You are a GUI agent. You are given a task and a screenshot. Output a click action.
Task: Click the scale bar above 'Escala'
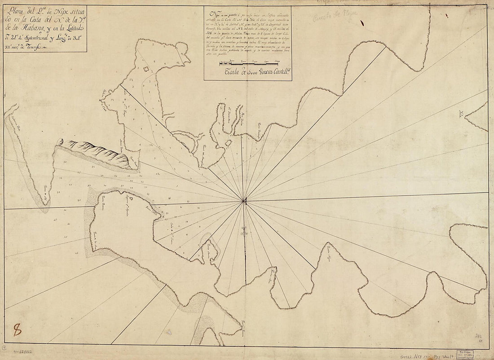(x=250, y=65)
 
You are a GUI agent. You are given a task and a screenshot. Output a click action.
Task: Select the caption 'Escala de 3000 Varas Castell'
(x=250, y=73)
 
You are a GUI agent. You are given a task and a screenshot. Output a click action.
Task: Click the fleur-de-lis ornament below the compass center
(x=244, y=231)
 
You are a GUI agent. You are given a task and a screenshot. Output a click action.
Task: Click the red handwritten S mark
(x=17, y=330)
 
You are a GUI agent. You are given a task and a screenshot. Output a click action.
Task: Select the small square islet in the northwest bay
(x=146, y=69)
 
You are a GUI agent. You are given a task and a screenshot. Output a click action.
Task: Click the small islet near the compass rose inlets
(x=228, y=143)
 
